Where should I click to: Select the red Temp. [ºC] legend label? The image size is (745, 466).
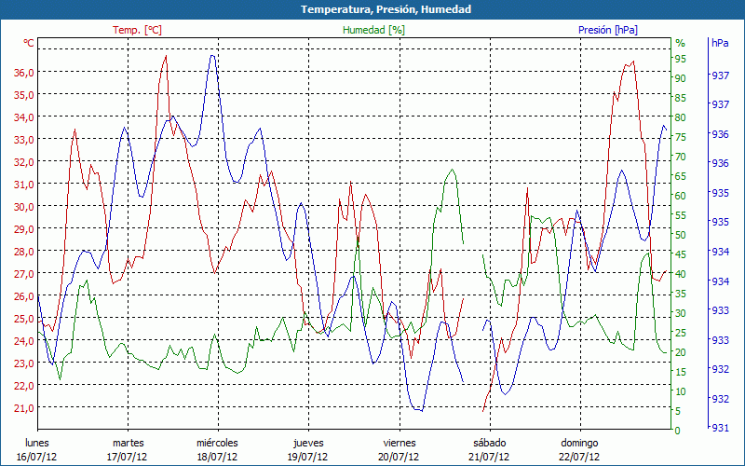click(138, 30)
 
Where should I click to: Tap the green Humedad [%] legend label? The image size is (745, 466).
click(374, 30)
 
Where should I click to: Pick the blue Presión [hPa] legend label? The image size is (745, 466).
click(608, 30)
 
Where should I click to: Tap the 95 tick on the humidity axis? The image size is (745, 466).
click(681, 59)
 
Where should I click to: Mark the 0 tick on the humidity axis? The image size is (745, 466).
click(678, 431)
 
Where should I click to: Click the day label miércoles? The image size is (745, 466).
click(218, 443)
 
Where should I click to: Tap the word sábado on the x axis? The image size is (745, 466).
click(490, 443)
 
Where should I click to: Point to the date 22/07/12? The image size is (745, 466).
click(579, 457)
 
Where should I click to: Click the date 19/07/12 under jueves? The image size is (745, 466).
click(308, 457)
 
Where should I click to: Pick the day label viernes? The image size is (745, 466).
click(400, 443)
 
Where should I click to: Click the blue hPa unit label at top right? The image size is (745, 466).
click(720, 43)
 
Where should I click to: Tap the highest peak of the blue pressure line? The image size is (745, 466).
click(212, 55)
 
